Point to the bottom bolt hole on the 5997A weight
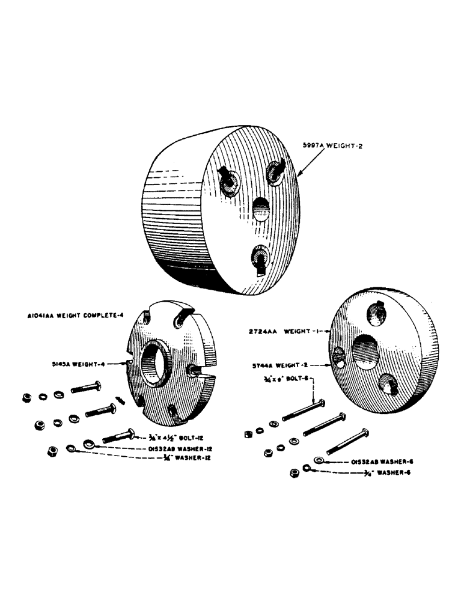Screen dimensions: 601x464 coord(259,257)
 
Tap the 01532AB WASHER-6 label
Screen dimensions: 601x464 coord(377,462)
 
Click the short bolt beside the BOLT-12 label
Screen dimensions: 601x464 coord(120,435)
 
